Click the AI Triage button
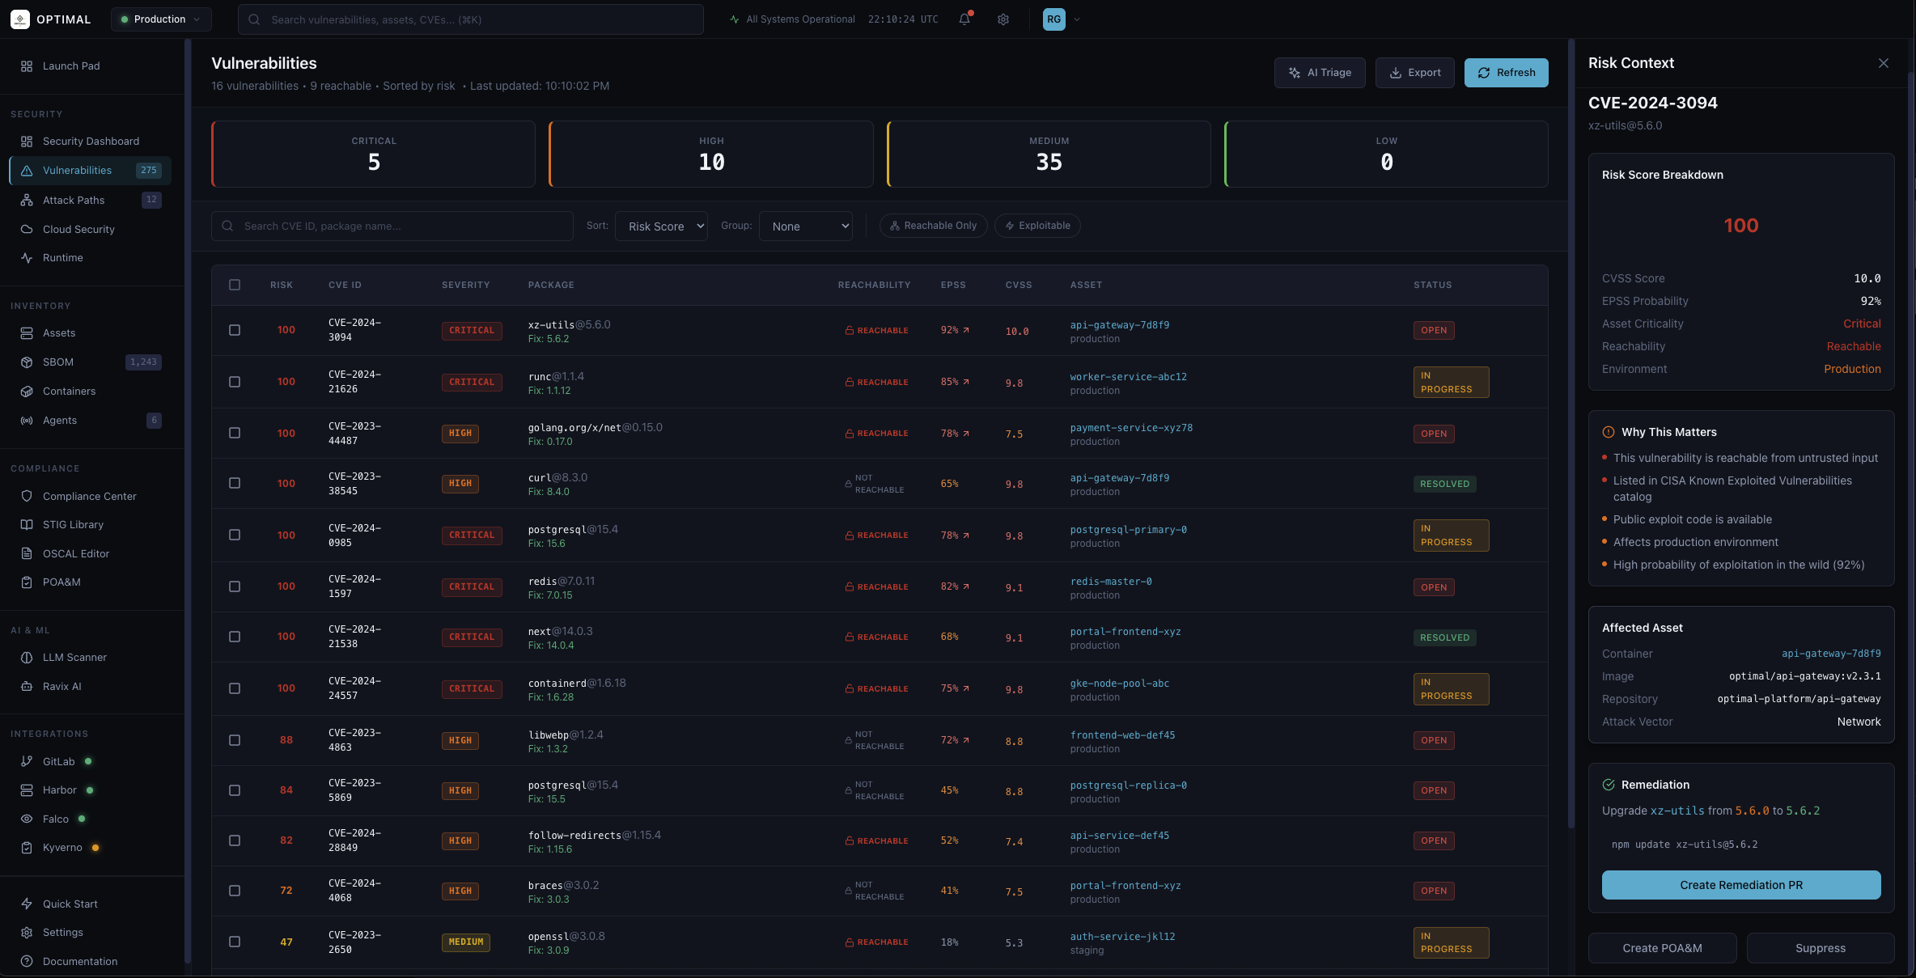(x=1319, y=73)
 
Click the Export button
(x=1414, y=73)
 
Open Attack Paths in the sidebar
(x=74, y=200)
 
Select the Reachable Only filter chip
(x=933, y=226)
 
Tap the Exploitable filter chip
(x=1037, y=226)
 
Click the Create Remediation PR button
(x=1740, y=885)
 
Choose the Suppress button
(x=1820, y=948)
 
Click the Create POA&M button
(x=1662, y=948)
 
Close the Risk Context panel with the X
(x=1883, y=63)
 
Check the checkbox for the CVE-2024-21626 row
(x=235, y=382)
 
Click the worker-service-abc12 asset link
(x=1128, y=377)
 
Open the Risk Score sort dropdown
(x=661, y=227)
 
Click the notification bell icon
(x=964, y=19)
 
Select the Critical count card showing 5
(x=373, y=154)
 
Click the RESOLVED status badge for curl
(x=1444, y=484)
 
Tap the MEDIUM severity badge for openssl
(x=466, y=942)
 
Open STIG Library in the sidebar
(x=73, y=524)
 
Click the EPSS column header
(x=952, y=285)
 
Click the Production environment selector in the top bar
(x=160, y=19)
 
